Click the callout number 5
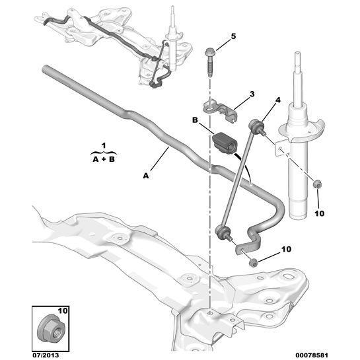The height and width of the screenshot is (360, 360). [x=233, y=36]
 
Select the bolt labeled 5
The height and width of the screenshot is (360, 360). [x=210, y=63]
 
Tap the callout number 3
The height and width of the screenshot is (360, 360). [x=252, y=94]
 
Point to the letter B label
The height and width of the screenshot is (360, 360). [x=195, y=120]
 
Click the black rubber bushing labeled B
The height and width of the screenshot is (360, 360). [x=225, y=144]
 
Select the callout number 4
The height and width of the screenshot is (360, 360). [x=278, y=100]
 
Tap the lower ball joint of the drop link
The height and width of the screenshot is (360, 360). [x=222, y=232]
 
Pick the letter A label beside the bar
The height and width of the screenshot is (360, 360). [x=146, y=176]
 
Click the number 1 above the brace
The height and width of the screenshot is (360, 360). [x=104, y=145]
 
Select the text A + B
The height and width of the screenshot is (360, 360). [x=104, y=159]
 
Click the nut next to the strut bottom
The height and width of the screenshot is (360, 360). [x=317, y=184]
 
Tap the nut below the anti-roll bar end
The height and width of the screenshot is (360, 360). [x=253, y=263]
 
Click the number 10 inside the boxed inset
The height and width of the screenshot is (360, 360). [x=63, y=310]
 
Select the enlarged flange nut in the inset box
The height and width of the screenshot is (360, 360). [x=52, y=330]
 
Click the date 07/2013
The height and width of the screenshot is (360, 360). [x=45, y=355]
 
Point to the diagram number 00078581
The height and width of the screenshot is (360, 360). [x=312, y=355]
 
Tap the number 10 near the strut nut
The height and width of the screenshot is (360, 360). [x=319, y=213]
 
